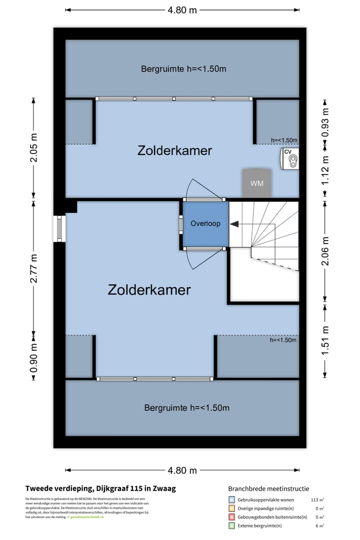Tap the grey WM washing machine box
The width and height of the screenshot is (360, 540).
tap(256, 183)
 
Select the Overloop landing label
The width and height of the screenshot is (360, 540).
tap(205, 223)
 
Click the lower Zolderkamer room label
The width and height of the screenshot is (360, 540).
tap(149, 289)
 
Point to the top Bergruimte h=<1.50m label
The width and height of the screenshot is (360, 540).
tap(183, 69)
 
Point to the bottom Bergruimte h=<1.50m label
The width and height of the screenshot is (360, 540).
tap(186, 408)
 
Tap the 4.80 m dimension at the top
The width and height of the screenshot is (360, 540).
tap(183, 9)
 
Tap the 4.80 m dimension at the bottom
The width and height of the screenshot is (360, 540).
tap(183, 470)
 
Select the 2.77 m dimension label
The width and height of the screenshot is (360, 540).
tap(34, 268)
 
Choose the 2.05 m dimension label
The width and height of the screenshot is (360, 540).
tap(34, 147)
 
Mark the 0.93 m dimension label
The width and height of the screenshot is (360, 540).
tap(325, 122)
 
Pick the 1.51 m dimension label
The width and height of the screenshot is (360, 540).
tap(325, 340)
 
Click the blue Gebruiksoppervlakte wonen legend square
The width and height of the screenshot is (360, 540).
tap(231, 499)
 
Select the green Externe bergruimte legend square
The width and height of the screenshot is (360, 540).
tap(231, 525)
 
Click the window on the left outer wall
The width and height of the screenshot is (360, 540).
tap(59, 229)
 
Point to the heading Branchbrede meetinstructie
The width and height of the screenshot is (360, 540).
tap(268, 488)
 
